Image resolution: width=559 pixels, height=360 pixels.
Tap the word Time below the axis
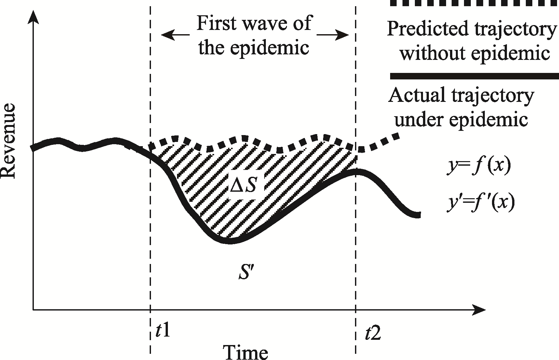(245, 352)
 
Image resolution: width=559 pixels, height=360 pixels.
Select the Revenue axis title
(9, 141)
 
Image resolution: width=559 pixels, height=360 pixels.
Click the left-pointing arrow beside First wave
(175, 35)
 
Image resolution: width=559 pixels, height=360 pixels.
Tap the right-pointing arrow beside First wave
(333, 35)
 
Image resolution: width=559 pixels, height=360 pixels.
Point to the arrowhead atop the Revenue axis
(33, 16)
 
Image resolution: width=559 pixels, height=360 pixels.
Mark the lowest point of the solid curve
(229, 241)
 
